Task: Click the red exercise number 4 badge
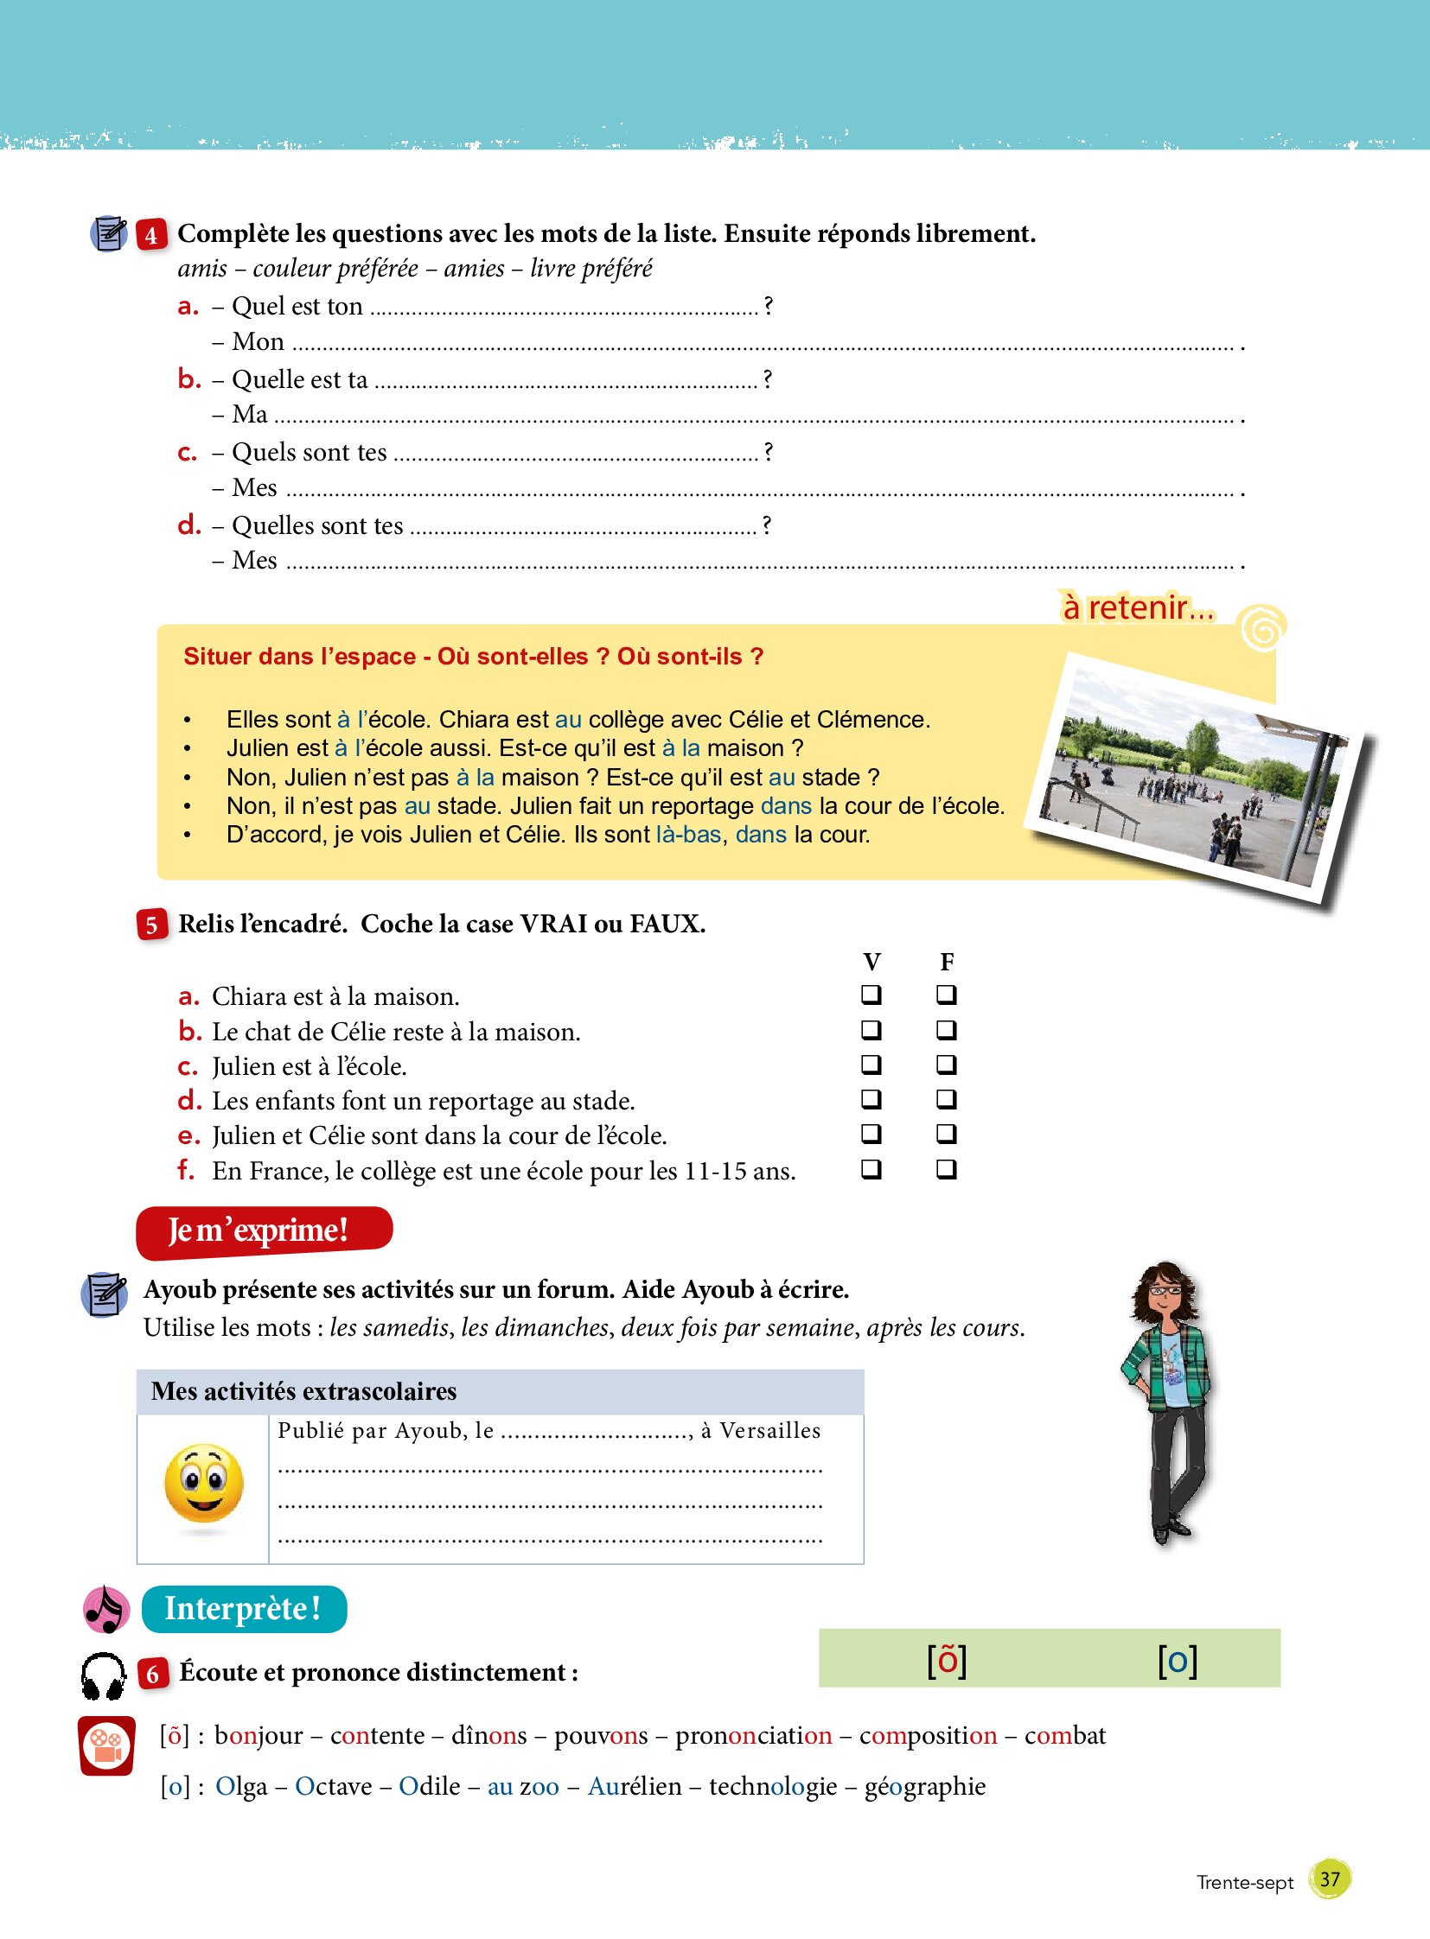(x=150, y=234)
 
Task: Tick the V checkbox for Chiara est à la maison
(x=871, y=995)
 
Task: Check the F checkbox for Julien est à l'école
(x=946, y=1064)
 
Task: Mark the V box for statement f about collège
(x=871, y=1169)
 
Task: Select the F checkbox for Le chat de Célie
(x=946, y=1030)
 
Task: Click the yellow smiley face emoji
(x=203, y=1483)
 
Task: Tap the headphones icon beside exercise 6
(x=104, y=1676)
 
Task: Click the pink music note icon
(x=106, y=1609)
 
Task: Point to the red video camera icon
(x=106, y=1745)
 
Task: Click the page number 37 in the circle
(x=1330, y=1879)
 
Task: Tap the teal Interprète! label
(x=244, y=1608)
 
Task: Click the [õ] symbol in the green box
(x=946, y=1660)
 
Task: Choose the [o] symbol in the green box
(x=1178, y=1660)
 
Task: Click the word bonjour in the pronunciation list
(x=259, y=1735)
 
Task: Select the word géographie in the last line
(x=924, y=1786)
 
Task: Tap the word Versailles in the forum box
(x=769, y=1430)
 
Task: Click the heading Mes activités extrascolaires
(x=303, y=1391)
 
